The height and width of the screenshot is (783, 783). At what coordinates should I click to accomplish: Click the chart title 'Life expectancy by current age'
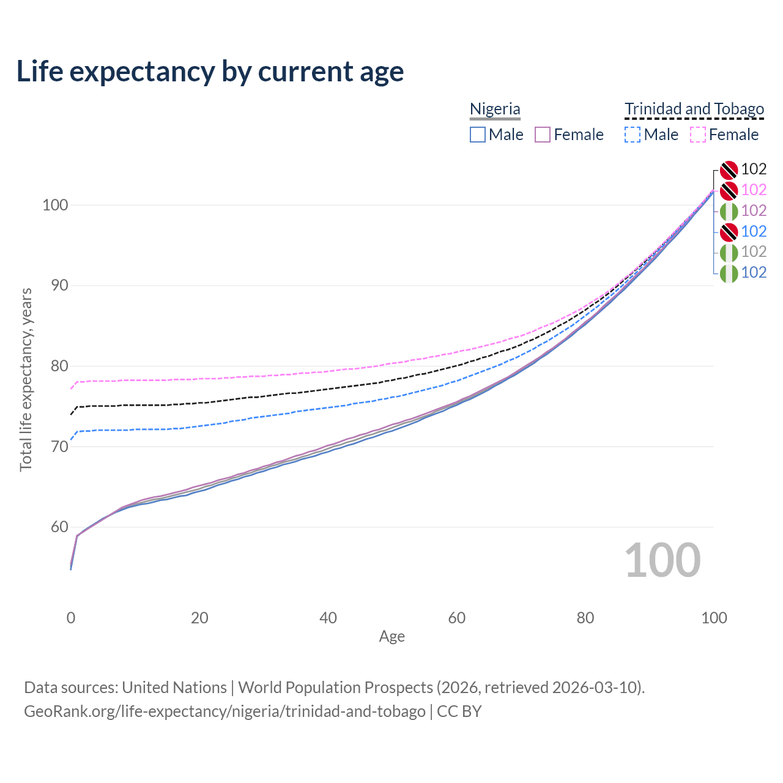pyautogui.click(x=210, y=72)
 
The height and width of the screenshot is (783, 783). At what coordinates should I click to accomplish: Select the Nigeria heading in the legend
pyautogui.click(x=494, y=109)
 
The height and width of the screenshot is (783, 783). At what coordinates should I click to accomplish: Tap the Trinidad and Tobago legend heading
pyautogui.click(x=694, y=109)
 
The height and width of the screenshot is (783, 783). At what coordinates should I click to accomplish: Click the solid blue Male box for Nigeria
pyautogui.click(x=477, y=135)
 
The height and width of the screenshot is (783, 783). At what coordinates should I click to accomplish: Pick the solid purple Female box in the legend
pyautogui.click(x=543, y=135)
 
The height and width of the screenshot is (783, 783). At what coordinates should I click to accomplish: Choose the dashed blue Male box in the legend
pyautogui.click(x=633, y=135)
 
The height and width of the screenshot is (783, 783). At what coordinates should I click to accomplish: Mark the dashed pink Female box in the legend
pyautogui.click(x=698, y=135)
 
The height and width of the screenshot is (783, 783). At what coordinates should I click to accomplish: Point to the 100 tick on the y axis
pyautogui.click(x=55, y=205)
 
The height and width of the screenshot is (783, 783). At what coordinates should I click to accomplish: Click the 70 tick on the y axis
pyautogui.click(x=59, y=446)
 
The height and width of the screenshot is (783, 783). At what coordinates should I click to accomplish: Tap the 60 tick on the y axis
pyautogui.click(x=59, y=527)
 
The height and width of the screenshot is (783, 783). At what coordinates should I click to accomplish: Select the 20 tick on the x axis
pyautogui.click(x=199, y=618)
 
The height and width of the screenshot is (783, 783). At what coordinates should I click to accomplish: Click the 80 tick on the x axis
pyautogui.click(x=585, y=618)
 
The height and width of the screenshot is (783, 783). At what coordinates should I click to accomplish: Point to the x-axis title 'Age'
pyautogui.click(x=391, y=637)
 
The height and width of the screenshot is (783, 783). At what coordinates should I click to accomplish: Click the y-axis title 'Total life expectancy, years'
pyautogui.click(x=26, y=380)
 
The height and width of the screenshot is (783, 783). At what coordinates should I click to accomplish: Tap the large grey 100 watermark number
pyautogui.click(x=662, y=560)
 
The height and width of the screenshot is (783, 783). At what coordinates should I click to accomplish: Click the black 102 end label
pyautogui.click(x=754, y=169)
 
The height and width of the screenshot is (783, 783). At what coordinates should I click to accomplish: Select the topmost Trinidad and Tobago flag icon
pyautogui.click(x=729, y=170)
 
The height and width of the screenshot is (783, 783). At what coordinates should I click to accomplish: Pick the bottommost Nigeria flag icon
pyautogui.click(x=729, y=273)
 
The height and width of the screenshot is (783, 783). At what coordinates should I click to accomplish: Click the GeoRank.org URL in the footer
pyautogui.click(x=225, y=711)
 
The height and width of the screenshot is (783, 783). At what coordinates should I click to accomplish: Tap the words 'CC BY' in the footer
pyautogui.click(x=459, y=711)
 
